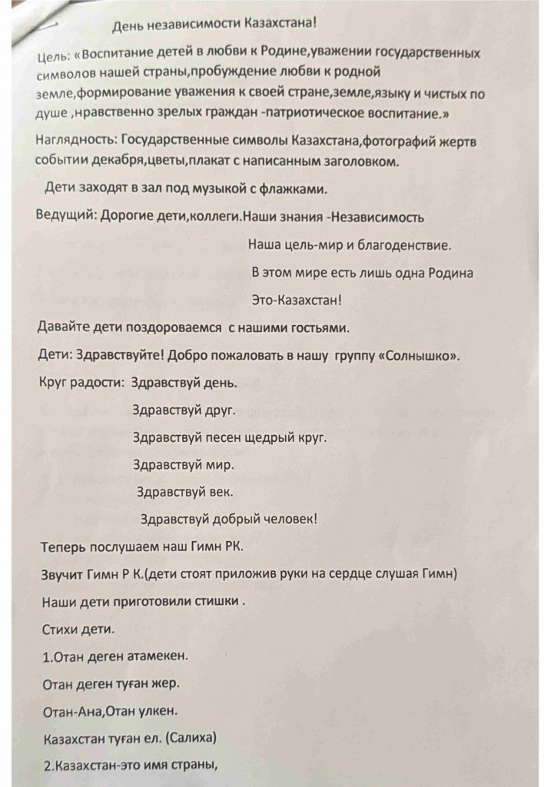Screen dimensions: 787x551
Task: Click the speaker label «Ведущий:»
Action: [x=66, y=216]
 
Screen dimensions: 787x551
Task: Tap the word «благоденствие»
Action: [x=404, y=245]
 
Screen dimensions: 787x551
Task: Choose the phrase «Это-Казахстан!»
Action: [x=297, y=299]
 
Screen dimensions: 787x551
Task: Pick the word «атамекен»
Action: [x=157, y=656]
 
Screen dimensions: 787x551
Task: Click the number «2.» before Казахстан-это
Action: [x=45, y=765]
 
